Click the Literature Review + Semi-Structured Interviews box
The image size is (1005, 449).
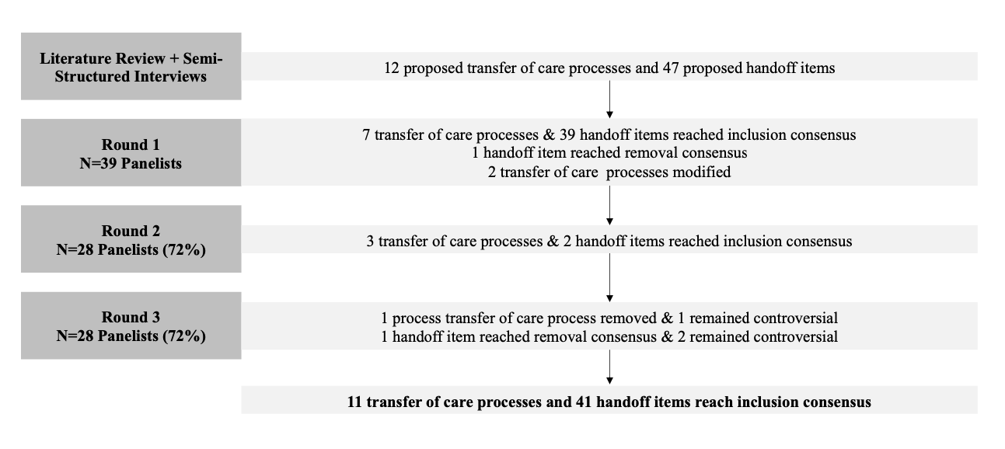tap(131, 66)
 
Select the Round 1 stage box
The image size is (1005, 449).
tap(131, 152)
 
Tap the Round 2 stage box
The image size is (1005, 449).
tap(131, 239)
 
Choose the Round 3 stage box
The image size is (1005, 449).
tap(131, 325)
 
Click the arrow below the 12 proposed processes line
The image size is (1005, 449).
tap(609, 99)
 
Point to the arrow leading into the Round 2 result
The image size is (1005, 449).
tap(609, 205)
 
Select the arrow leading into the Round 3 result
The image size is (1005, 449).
tap(609, 277)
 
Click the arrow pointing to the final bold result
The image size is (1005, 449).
tap(609, 367)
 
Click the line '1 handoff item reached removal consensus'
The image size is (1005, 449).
tap(609, 153)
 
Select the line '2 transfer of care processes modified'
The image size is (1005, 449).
tap(609, 172)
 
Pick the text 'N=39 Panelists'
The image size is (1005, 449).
tap(131, 163)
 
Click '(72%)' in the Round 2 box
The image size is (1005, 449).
tap(184, 249)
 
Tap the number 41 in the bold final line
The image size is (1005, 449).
tap(585, 402)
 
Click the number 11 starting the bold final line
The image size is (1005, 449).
tap(354, 402)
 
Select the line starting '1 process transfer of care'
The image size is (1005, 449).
tap(609, 318)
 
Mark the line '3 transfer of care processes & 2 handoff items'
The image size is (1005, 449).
tap(609, 242)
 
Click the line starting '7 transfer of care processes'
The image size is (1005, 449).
tap(609, 134)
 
